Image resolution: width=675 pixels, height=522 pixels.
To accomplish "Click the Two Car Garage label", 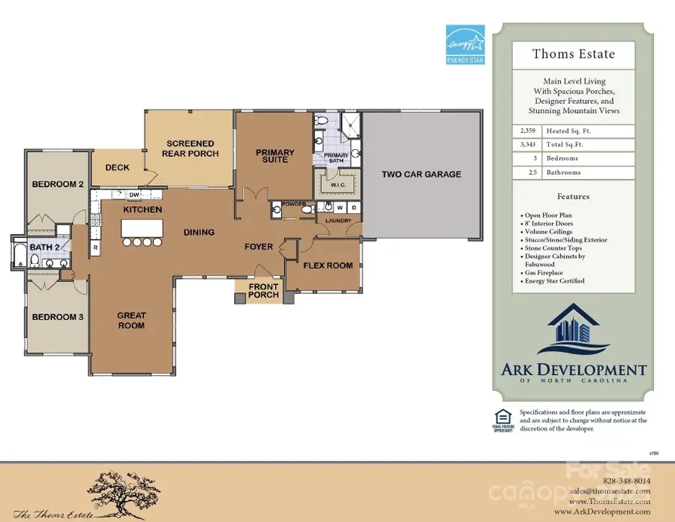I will pos(421,175).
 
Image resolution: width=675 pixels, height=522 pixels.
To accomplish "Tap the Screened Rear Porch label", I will pos(192,148).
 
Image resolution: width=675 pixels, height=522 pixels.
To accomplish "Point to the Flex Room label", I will pos(328,265).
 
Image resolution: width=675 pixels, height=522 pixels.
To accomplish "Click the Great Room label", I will pos(131,320).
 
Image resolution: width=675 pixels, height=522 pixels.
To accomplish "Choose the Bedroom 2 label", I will pos(57,184).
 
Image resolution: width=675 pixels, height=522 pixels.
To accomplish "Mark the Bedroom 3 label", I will pos(57,316).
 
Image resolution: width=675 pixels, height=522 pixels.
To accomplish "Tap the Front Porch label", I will pos(263,291).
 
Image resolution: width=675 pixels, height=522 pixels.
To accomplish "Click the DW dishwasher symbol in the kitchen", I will pos(134,195).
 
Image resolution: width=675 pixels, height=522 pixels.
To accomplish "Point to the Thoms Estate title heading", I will pos(562,53).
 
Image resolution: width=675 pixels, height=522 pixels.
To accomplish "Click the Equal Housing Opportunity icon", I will pos(503,420).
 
